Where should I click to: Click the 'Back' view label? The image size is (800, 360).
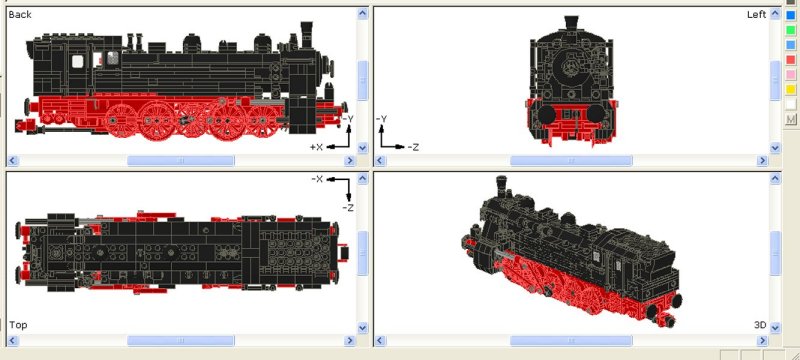coord(20,14)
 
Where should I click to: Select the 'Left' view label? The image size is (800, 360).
coord(757,14)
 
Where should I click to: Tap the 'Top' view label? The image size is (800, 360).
coord(18,325)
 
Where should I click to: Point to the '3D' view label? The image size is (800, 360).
coord(760,325)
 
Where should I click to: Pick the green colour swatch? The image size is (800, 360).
coord(791,30)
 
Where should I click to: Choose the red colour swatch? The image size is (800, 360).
coord(791,60)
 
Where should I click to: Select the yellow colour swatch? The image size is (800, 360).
coord(791,89)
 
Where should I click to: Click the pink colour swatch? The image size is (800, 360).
coord(791,74)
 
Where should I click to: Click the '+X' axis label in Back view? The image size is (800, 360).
coord(316,147)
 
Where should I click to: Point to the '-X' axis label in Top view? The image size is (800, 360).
coord(317,179)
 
